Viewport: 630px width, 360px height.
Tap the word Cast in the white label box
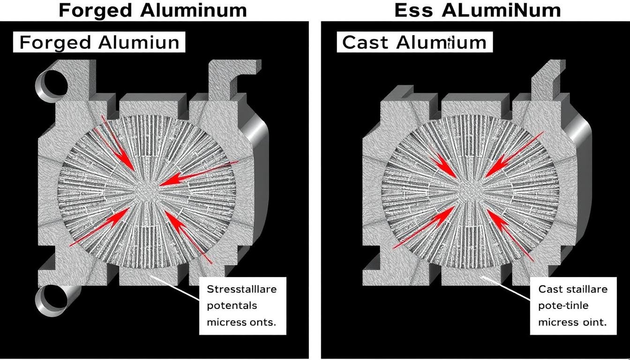365,42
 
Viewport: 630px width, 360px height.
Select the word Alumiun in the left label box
139,42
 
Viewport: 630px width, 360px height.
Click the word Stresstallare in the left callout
241,289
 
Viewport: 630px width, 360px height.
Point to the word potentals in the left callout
232,306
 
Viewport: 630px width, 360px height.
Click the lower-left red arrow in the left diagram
101,227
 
